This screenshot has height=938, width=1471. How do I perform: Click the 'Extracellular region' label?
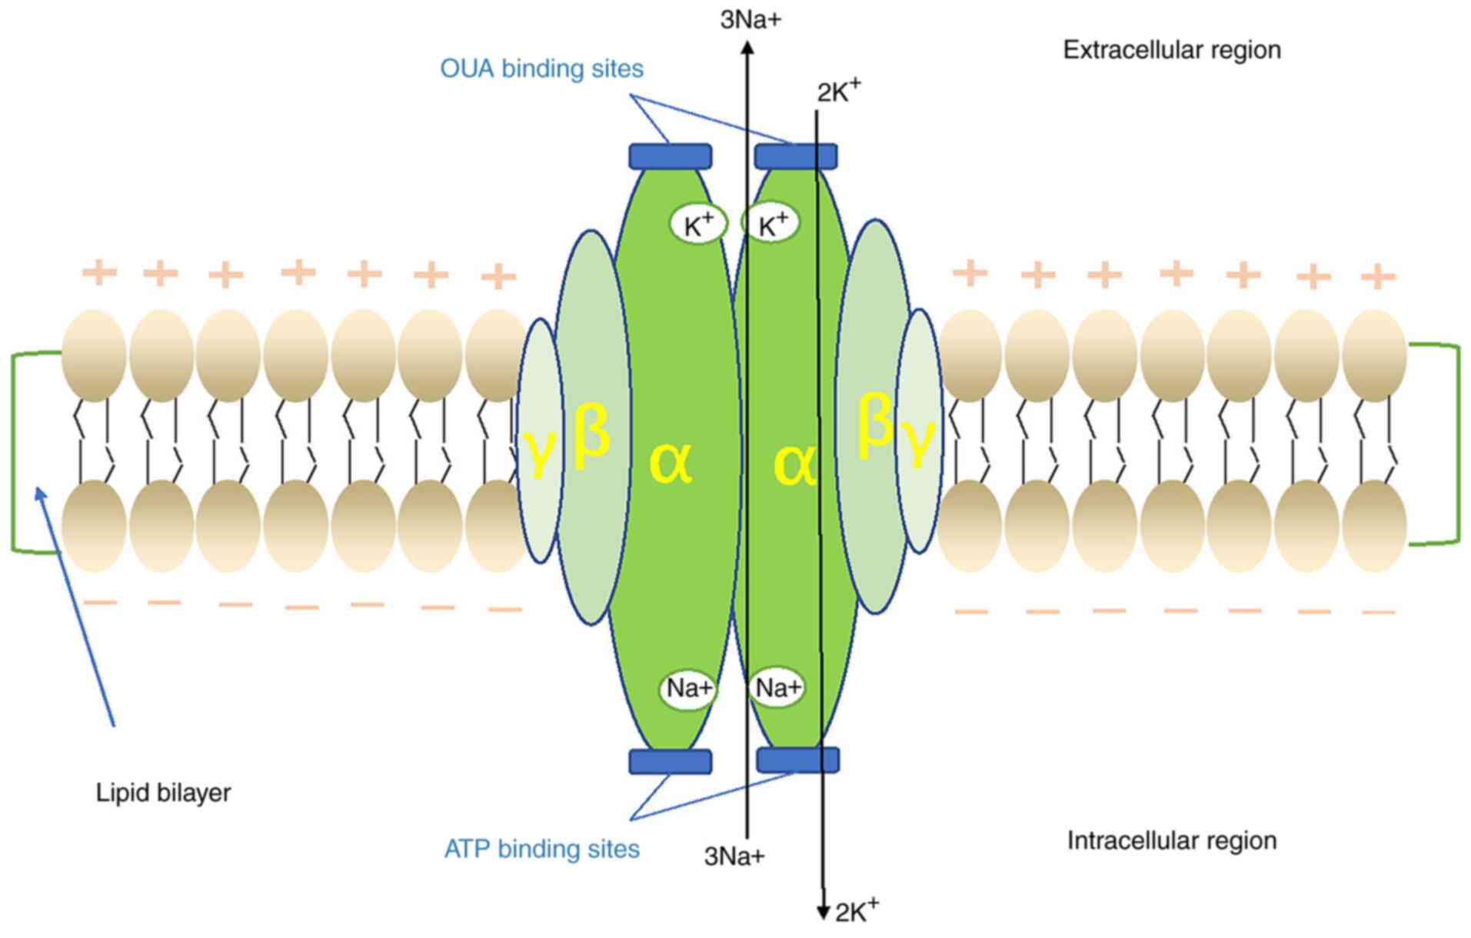[1171, 51]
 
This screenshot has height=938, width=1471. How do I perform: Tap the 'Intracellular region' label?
[1171, 840]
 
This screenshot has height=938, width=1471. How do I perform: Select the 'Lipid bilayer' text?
[163, 793]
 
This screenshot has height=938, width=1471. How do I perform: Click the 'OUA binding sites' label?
[541, 68]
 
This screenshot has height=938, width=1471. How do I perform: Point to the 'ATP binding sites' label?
[541, 849]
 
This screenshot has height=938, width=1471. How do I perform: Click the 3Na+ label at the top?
[750, 20]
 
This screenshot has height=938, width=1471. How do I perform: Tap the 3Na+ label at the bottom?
[734, 856]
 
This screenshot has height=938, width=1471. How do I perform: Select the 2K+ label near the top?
[838, 92]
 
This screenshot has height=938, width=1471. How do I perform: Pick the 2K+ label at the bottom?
[856, 911]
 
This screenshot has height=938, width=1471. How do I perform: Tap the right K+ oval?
[772, 225]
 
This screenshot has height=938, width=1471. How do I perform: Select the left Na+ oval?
[688, 688]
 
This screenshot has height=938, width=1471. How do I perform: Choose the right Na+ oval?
[777, 687]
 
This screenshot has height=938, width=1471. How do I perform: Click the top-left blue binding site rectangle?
[670, 157]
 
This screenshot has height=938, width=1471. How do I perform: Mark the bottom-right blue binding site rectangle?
[797, 760]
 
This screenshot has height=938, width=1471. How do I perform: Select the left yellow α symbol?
[670, 462]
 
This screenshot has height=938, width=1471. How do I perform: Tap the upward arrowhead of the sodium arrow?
[747, 48]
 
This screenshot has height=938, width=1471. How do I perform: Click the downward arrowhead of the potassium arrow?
[823, 913]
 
